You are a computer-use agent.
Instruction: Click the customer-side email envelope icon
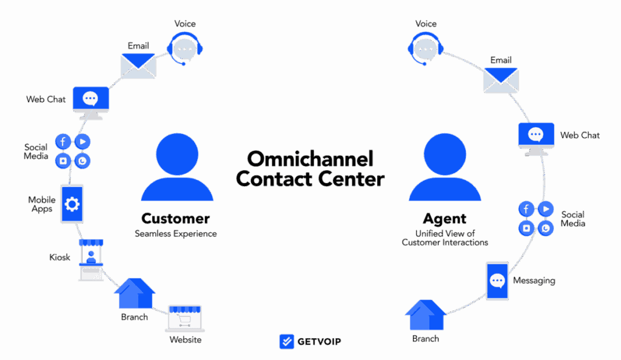point(138,65)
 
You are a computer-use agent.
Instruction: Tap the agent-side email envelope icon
point(500,79)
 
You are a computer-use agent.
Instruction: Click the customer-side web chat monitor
point(91,101)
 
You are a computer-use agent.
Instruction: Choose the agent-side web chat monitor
point(535,138)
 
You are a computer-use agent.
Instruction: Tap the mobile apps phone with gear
point(72,205)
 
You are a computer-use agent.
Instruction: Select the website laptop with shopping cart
point(184,318)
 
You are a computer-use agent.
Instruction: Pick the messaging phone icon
point(497,281)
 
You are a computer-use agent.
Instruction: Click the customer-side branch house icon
point(135,294)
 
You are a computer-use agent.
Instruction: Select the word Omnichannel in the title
point(310,159)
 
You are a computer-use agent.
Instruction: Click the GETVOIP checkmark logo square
point(286,341)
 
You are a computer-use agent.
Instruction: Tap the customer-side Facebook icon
point(63,142)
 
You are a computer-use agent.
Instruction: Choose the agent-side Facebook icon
point(526,209)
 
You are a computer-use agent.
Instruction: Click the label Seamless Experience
point(175,233)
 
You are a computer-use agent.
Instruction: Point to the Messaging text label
point(534,281)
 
